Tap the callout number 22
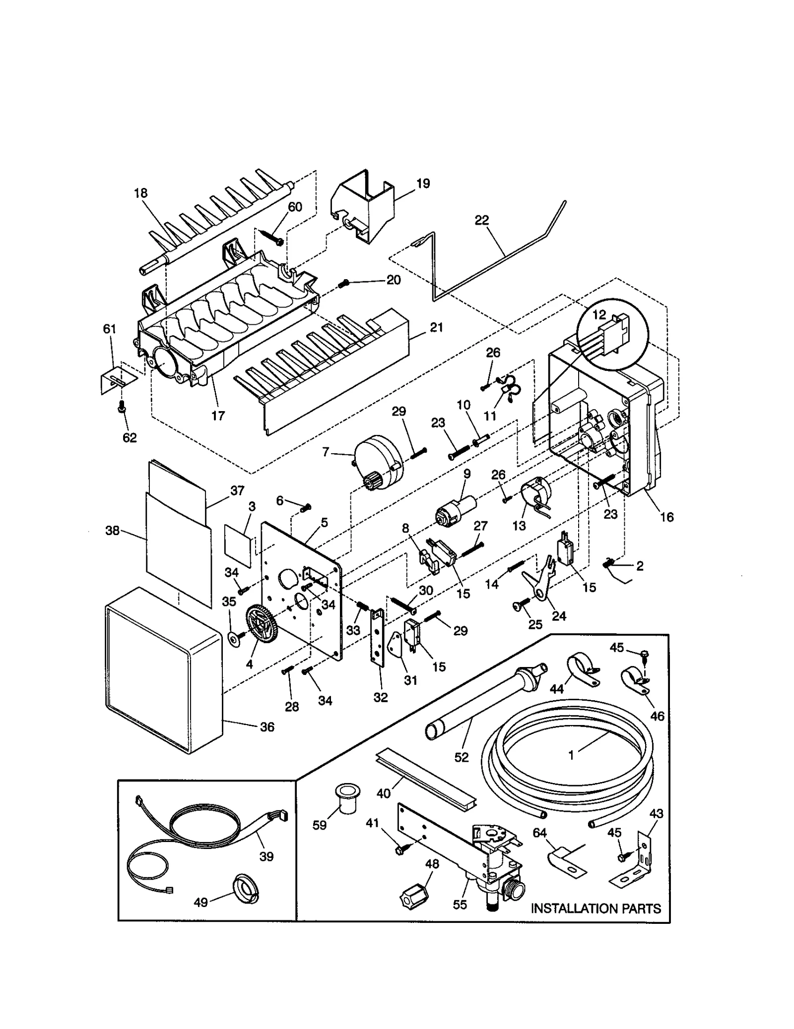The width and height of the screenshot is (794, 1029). point(481,220)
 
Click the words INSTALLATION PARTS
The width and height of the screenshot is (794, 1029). point(595,908)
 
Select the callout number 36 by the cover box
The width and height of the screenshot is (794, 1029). point(267,727)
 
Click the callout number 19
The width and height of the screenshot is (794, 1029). point(423,183)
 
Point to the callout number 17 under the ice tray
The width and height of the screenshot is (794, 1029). point(218,416)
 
